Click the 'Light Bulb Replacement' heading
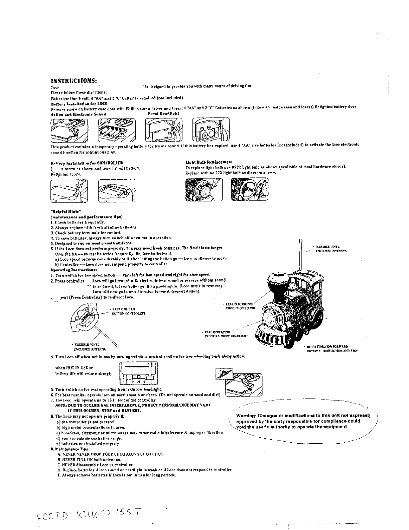coord(209,162)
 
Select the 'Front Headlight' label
coord(163,113)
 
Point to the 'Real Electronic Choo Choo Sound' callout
coord(240,306)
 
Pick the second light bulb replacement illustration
coord(249,189)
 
